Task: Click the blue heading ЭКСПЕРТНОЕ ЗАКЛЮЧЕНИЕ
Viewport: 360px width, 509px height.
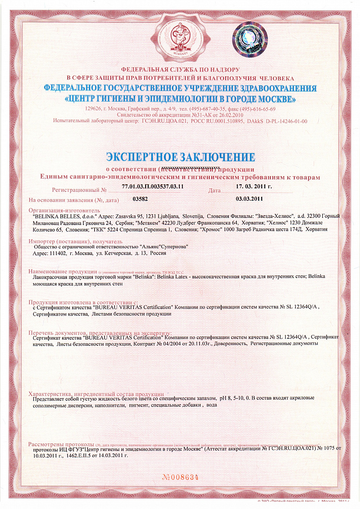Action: coord(180,156)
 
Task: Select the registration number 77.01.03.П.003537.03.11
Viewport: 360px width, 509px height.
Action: coord(153,187)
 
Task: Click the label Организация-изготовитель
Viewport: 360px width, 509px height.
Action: coord(65,210)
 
